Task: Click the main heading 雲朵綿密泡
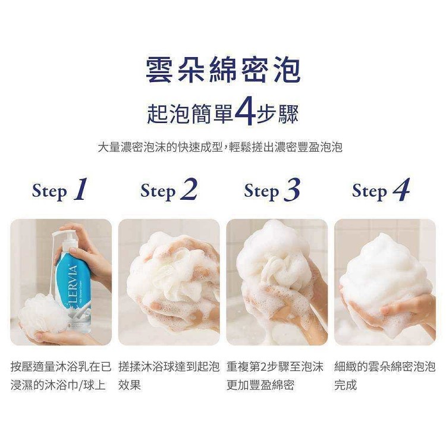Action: pos(223,70)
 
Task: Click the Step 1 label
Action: pos(59,190)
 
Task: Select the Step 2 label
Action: pos(169,190)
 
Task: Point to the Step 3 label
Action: pos(272,190)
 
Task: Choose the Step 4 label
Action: pos(381,190)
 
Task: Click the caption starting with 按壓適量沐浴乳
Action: pos(61,376)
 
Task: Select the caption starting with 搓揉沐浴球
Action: pos(169,376)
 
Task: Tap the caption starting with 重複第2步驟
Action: pos(275,376)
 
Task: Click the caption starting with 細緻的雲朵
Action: pos(385,376)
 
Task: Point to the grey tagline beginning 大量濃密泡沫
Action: pos(220,147)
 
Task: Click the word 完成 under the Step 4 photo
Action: pos(346,385)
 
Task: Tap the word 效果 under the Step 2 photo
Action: pos(130,385)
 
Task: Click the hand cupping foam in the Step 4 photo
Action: pos(398,313)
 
